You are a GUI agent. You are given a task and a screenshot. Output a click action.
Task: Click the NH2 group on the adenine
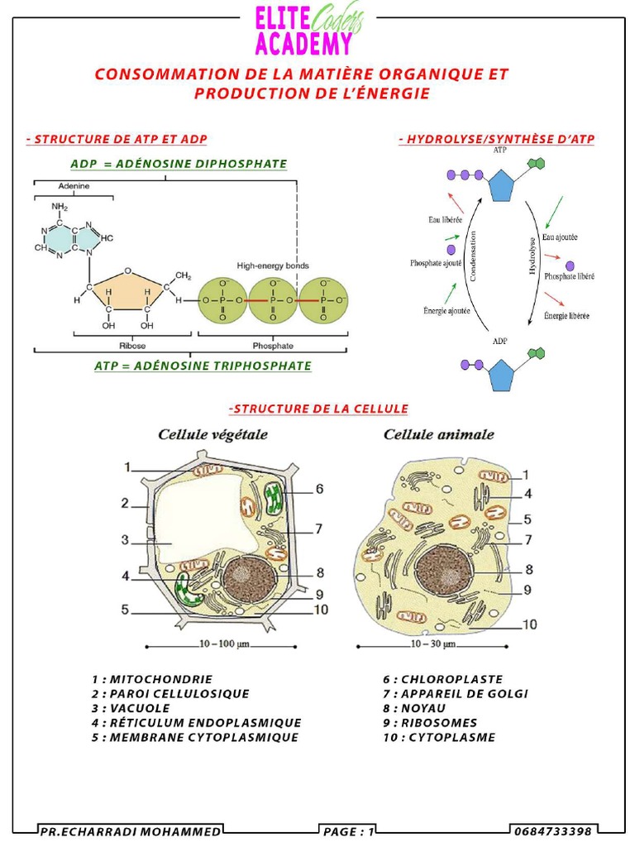pyautogui.click(x=60, y=207)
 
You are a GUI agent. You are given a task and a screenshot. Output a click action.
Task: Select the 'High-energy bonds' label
pyautogui.click(x=273, y=266)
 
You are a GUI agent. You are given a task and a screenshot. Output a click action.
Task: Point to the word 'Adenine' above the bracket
pyautogui.click(x=74, y=186)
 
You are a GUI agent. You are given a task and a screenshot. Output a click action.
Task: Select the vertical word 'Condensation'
pyautogui.click(x=474, y=256)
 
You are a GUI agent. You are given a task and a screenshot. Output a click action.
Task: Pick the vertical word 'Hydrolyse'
pyautogui.click(x=532, y=256)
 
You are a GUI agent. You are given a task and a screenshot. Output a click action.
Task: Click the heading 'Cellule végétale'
pyautogui.click(x=212, y=434)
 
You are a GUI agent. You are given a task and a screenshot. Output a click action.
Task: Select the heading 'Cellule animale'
pyautogui.click(x=438, y=434)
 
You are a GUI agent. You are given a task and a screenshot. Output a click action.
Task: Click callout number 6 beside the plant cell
pyautogui.click(x=319, y=489)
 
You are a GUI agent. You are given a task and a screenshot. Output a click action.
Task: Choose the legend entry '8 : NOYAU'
pyautogui.click(x=413, y=709)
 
